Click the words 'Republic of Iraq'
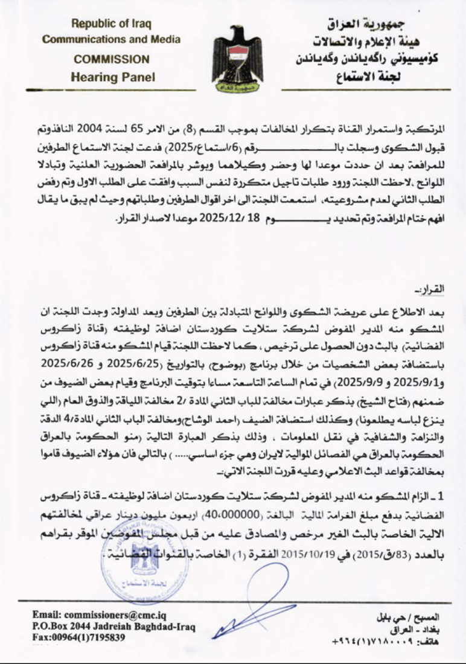[111, 24]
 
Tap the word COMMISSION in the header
[112, 59]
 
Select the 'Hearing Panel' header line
[112, 77]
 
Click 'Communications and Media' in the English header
[111, 40]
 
